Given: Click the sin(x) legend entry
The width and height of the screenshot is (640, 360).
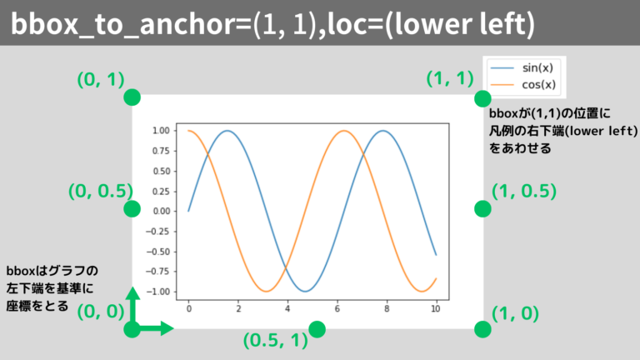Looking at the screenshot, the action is click(x=522, y=67).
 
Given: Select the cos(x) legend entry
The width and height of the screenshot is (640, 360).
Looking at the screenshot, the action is click(x=522, y=84).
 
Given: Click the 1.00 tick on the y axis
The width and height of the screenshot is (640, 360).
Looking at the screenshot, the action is click(x=161, y=131).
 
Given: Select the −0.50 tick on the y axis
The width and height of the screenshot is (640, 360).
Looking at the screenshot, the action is click(x=158, y=252).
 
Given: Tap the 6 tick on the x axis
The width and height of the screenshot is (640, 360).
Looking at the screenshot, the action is click(x=337, y=309).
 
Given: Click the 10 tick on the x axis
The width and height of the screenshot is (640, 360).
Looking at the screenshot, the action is click(x=436, y=309).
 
